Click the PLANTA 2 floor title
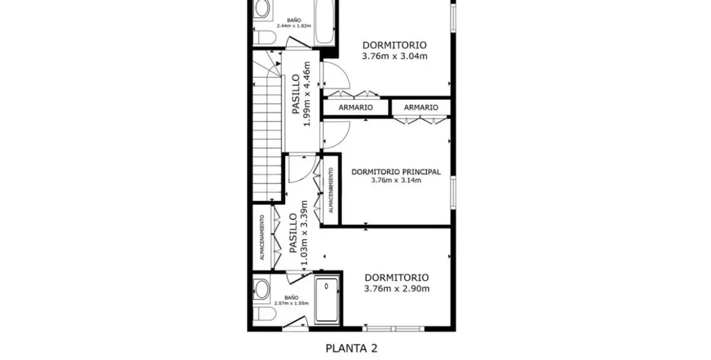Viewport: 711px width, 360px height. tap(351, 348)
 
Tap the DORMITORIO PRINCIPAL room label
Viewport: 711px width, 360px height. tap(396, 171)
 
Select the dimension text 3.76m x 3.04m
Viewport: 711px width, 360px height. tap(394, 56)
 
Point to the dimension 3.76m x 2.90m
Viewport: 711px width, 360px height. tap(396, 289)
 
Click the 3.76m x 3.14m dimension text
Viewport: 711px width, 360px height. tap(396, 181)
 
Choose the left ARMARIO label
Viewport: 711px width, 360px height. tap(356, 107)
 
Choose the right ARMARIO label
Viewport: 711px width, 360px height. tap(421, 107)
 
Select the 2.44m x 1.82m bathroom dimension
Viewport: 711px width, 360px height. tap(294, 26)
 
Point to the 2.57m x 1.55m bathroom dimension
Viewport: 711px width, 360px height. tap(292, 303)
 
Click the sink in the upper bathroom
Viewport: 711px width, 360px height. tap(262, 9)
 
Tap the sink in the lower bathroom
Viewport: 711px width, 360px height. tap(262, 289)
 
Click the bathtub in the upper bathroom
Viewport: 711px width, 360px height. tap(325, 21)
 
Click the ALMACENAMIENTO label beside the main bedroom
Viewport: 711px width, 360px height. tap(331, 190)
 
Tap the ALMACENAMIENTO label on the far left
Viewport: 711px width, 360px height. tap(262, 237)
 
